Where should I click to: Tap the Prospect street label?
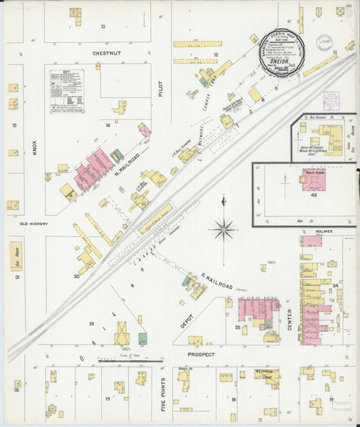pyautogui.click(x=201, y=354)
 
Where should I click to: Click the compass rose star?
pyautogui.click(x=224, y=228)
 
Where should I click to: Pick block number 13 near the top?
pyautogui.click(x=102, y=26)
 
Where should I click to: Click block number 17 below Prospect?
pyautogui.click(x=107, y=399)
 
